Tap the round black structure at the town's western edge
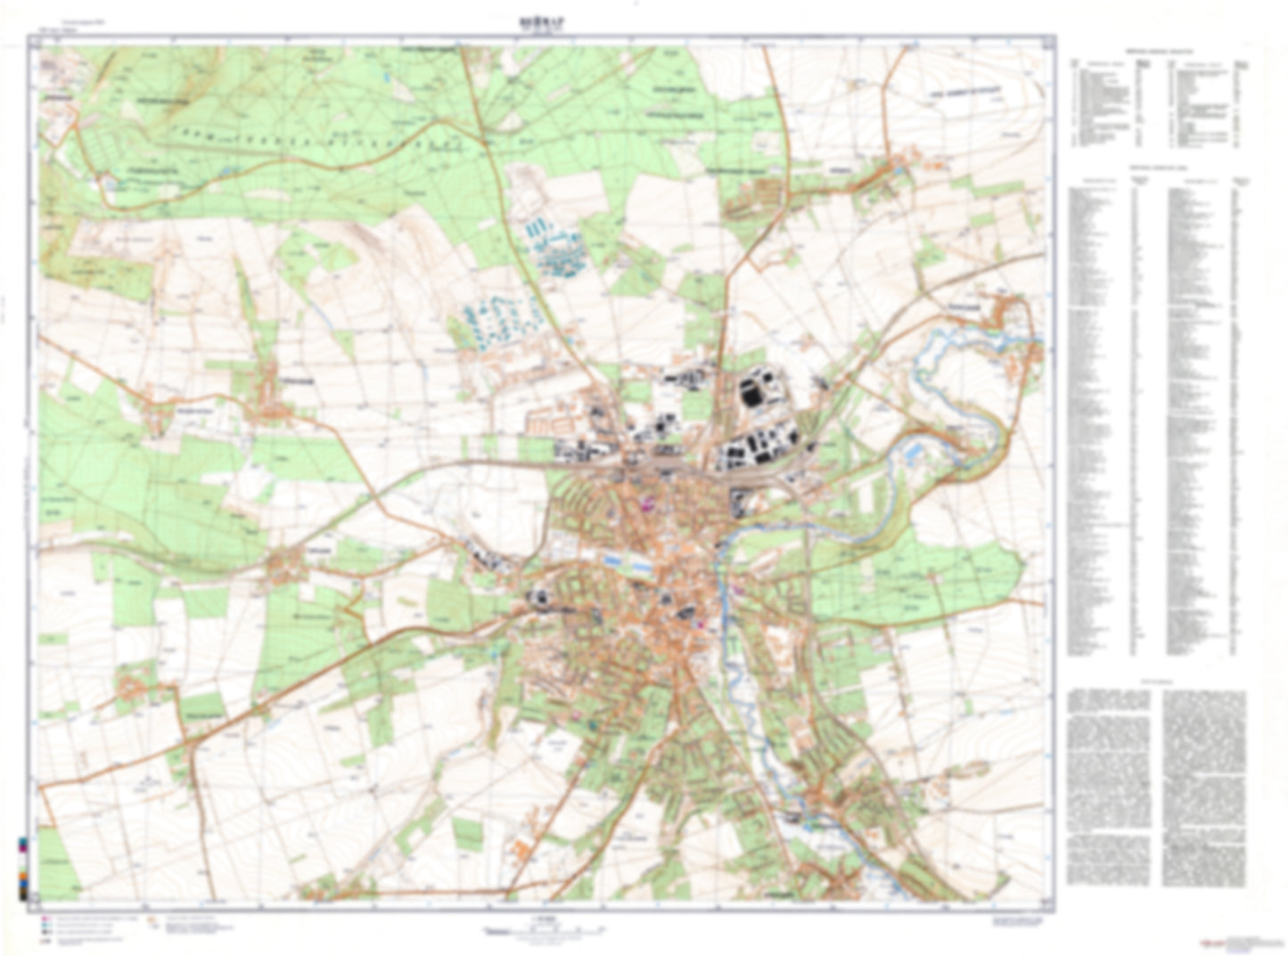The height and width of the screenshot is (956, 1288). click(540, 599)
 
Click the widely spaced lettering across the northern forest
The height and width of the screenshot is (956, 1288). click(303, 143)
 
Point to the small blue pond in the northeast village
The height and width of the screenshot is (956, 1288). click(902, 168)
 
